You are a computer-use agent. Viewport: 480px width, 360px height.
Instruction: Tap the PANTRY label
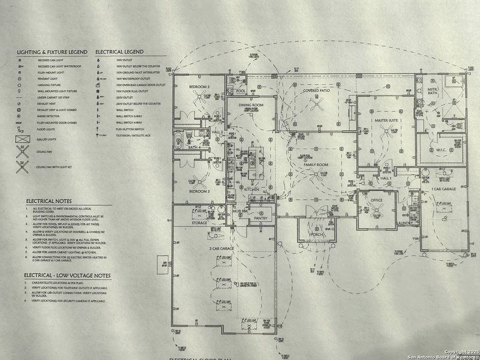(260, 218)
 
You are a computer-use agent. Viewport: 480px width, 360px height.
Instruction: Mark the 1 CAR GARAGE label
(443, 189)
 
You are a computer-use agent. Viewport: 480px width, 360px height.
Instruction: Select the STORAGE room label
(199, 222)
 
